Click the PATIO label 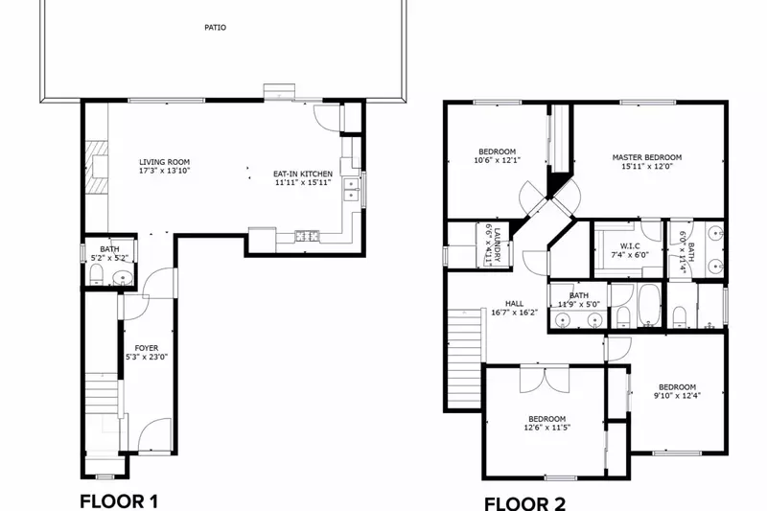coord(216,28)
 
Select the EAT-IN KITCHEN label coord(303,174)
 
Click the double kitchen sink coord(352,183)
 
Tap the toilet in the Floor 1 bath coord(95,276)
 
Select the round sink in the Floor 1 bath coord(122,279)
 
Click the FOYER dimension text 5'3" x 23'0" coord(147,358)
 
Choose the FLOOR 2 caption coord(524,502)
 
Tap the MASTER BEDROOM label coord(647,157)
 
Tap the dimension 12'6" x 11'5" coord(546,429)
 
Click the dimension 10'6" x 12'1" coord(498,161)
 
